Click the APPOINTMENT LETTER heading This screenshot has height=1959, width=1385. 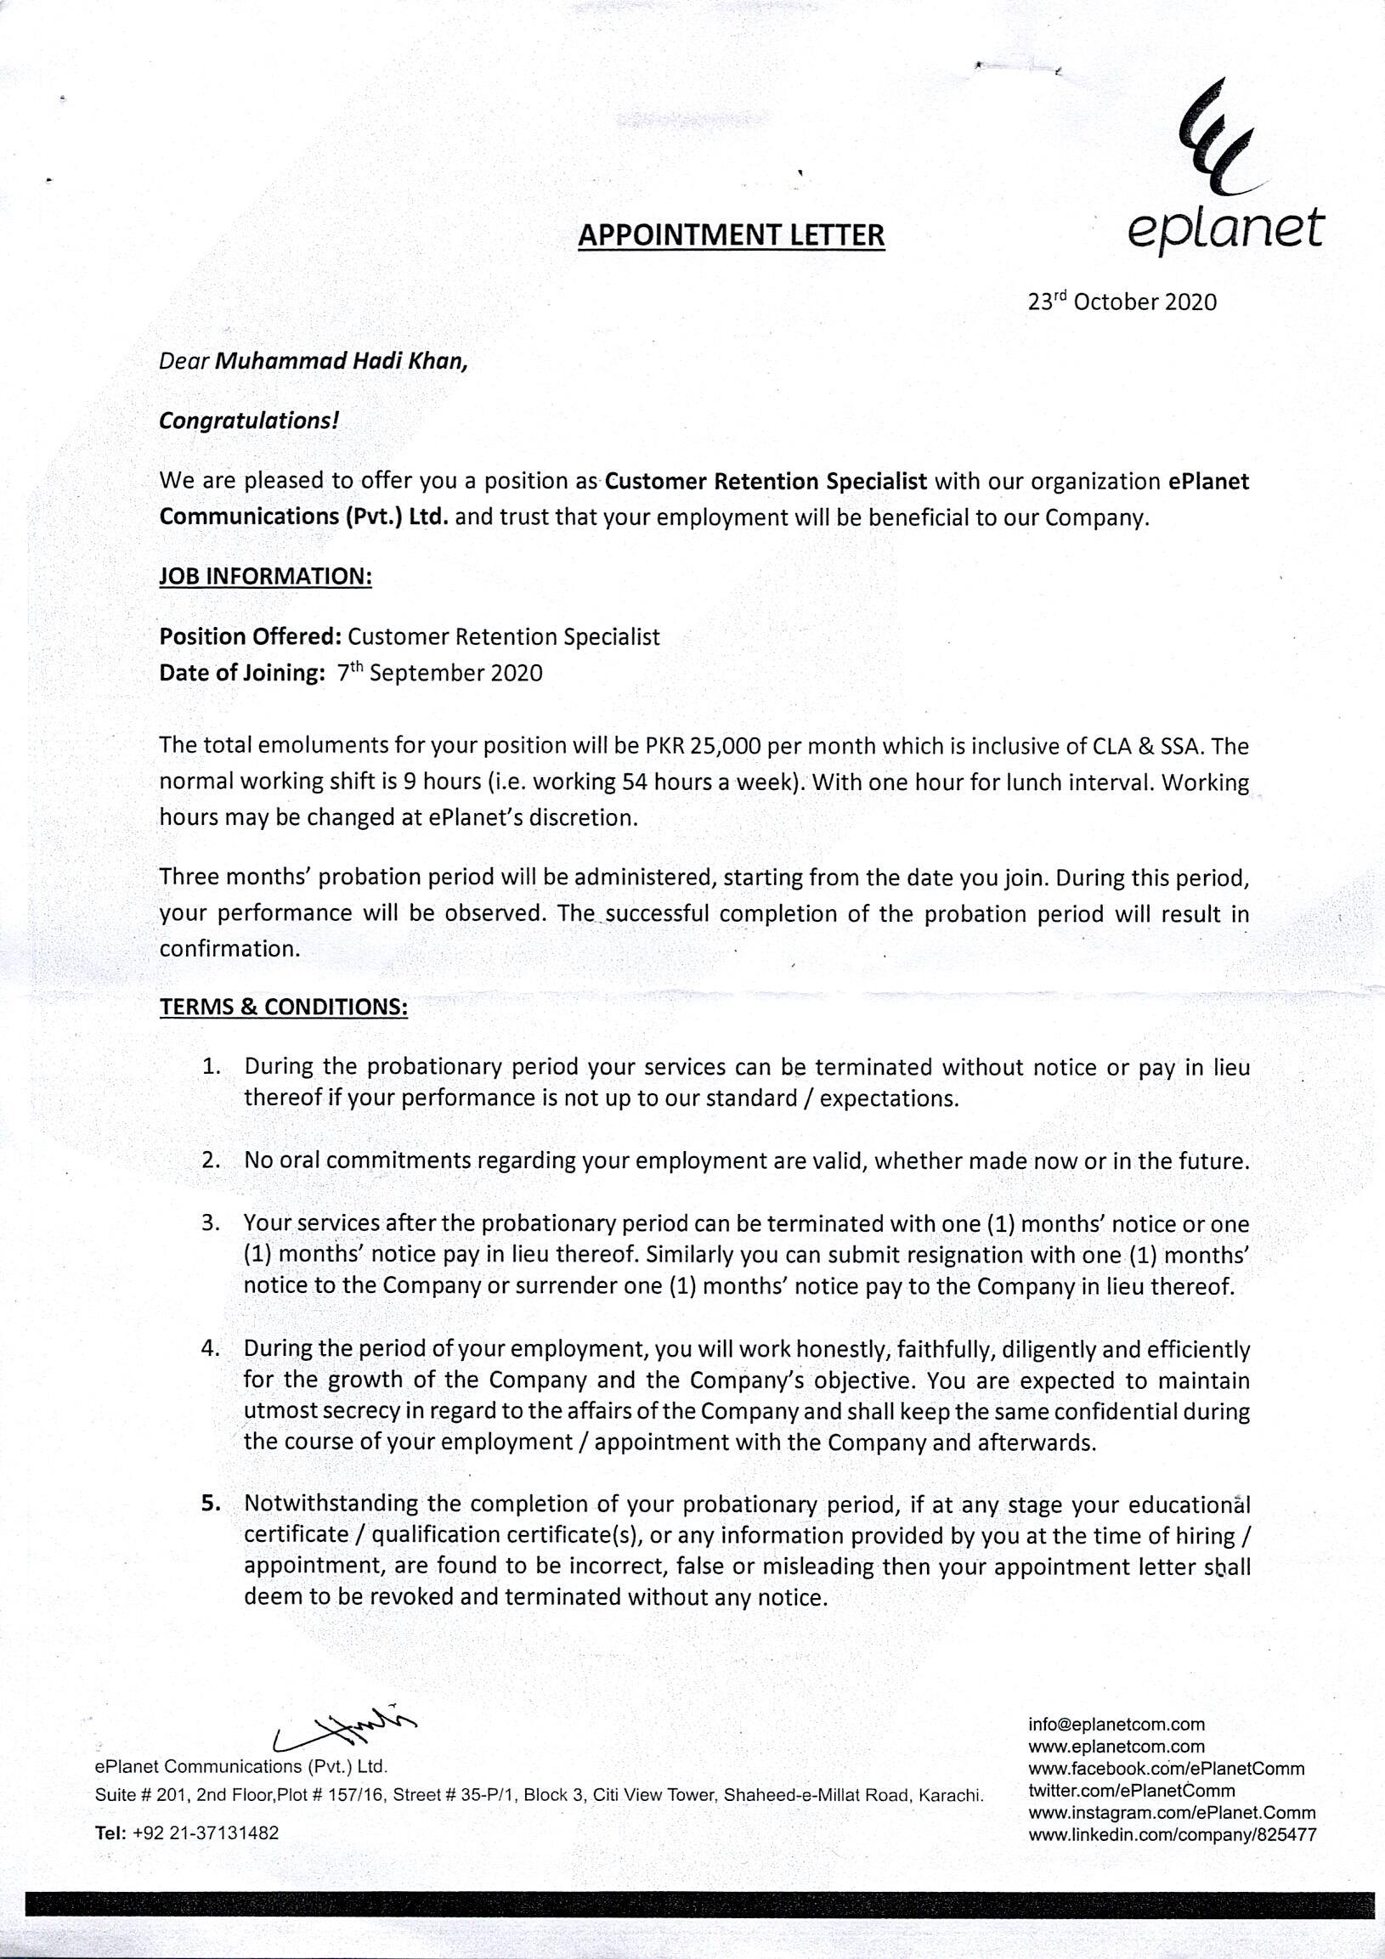coord(731,234)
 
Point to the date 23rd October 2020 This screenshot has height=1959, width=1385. coord(1122,302)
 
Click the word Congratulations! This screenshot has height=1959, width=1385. coord(248,421)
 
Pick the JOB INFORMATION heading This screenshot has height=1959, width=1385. coord(265,576)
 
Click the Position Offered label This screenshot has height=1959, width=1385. coord(251,636)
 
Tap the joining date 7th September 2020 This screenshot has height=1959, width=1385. coord(439,673)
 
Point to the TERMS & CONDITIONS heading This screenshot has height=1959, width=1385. coord(283,1007)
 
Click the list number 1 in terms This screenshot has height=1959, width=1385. coord(212,1066)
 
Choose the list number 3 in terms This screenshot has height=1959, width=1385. coord(212,1223)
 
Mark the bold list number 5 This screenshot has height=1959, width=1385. coord(211,1505)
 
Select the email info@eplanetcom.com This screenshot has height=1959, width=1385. coord(1116,1725)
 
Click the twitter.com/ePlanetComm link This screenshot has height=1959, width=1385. coord(1132,1791)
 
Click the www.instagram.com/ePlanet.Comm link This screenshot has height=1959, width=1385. coord(1172,1813)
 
